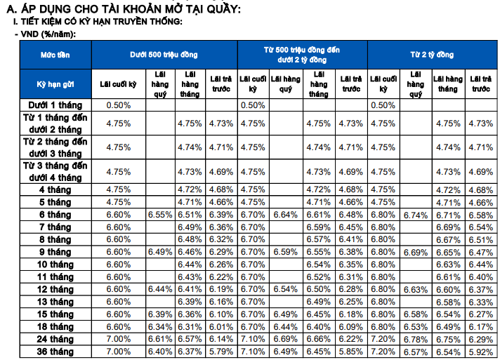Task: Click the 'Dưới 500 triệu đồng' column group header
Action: click(x=164, y=54)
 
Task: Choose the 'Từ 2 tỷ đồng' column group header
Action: click(x=432, y=54)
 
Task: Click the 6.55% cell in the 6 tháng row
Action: click(x=160, y=214)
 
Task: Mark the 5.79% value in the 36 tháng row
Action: click(x=221, y=350)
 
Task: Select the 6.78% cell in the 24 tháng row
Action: click(x=416, y=338)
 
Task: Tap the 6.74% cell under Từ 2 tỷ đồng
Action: click(x=416, y=214)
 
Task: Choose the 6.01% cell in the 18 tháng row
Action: click(x=221, y=326)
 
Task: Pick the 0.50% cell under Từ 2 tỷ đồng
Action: click(x=383, y=105)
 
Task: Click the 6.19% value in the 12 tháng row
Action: click(x=221, y=288)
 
